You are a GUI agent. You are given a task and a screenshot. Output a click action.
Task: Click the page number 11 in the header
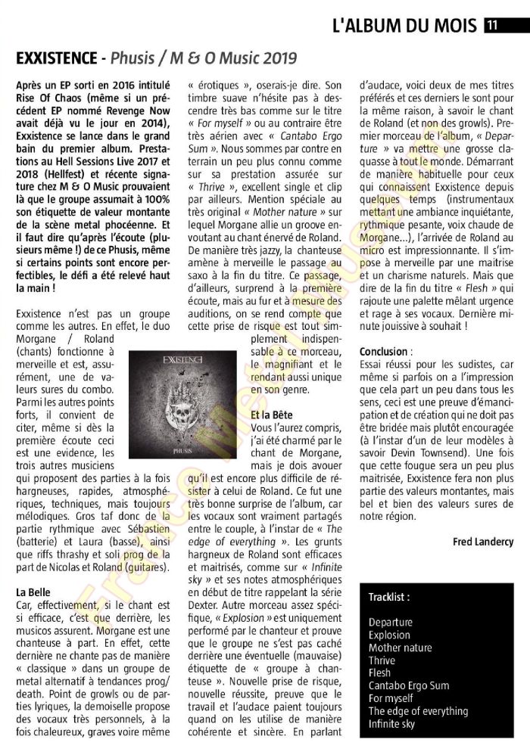click(491, 26)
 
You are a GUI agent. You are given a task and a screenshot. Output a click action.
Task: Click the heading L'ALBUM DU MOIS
click(405, 26)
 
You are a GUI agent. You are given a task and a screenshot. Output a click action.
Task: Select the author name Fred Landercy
click(484, 542)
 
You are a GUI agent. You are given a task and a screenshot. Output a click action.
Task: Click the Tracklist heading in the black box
click(389, 598)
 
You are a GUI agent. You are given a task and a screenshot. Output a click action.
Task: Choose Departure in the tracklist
click(391, 623)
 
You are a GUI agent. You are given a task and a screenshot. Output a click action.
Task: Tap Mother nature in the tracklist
click(401, 648)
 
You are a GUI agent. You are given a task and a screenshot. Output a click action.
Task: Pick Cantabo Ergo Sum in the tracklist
click(409, 686)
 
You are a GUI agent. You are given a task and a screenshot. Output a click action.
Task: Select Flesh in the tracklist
click(380, 673)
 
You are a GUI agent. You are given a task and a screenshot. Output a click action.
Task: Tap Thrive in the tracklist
click(382, 660)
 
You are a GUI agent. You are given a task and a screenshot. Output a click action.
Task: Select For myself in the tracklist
click(391, 698)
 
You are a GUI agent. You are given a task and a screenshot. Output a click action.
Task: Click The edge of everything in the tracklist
click(419, 711)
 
